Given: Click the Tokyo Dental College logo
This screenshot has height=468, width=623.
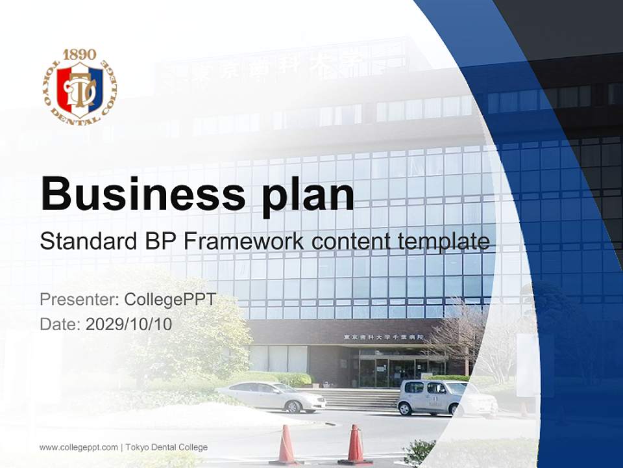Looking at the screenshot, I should click(79, 87).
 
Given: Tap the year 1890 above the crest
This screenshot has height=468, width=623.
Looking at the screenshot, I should click(79, 54).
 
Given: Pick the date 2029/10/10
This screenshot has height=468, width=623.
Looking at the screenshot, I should click(129, 324).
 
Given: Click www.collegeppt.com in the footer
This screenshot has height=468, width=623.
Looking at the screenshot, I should click(79, 447).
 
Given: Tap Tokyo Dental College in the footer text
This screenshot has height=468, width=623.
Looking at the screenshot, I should click(166, 447).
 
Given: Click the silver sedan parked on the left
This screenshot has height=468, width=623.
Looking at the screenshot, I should click(271, 396).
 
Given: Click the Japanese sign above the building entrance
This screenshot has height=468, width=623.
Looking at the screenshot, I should click(383, 337).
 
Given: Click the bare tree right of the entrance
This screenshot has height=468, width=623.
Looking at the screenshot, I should click(462, 331).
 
